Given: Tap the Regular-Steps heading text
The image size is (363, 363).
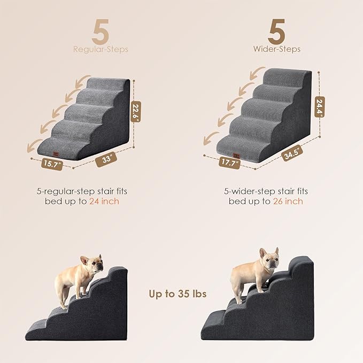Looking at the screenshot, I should (x=101, y=49).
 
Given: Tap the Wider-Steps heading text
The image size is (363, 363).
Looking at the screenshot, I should (x=277, y=49).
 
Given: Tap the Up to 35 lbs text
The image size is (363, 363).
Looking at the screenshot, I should (x=178, y=294).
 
